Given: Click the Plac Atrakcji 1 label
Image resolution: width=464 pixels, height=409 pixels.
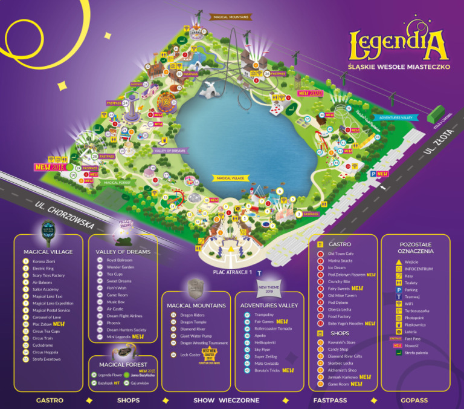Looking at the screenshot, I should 232,272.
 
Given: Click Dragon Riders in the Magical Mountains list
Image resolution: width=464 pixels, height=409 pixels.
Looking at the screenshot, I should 192,315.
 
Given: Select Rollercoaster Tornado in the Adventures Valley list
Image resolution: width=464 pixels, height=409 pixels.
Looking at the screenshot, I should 274,329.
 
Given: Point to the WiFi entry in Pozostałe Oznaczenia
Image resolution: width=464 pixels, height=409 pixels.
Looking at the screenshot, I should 413,305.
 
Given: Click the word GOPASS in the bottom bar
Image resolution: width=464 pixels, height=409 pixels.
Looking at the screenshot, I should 413,401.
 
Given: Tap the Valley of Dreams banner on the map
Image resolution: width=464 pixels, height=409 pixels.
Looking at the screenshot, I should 170,151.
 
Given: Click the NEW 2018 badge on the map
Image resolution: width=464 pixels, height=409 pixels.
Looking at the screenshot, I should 50,166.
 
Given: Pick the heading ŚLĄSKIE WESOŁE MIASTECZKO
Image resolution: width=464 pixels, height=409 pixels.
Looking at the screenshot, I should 399,65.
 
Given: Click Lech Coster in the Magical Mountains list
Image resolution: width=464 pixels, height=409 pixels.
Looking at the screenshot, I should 190,356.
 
